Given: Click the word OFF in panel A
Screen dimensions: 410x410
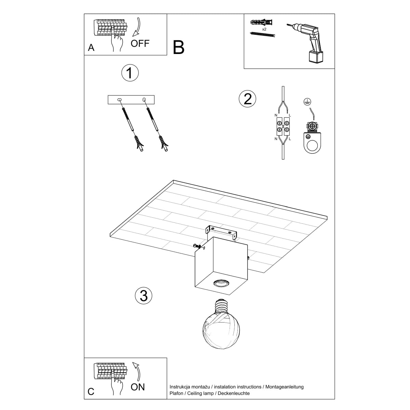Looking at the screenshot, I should coord(140,43).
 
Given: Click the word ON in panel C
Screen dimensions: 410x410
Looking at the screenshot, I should coord(138,387).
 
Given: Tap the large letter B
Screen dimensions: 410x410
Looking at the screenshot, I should coord(179,47).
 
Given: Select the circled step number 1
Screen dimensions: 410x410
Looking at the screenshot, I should coord(130,73).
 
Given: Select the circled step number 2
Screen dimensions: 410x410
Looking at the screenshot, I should coord(247,99).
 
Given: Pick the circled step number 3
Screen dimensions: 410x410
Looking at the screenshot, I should coord(143,296).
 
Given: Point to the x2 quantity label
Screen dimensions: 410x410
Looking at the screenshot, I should coord(264,29).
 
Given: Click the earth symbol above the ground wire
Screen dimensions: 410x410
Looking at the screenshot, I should coord(307,102).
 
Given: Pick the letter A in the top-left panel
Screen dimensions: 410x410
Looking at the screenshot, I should coord(91,48).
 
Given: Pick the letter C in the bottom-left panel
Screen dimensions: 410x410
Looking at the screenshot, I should coord(91,392).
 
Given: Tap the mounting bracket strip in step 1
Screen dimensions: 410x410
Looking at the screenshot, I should coord(131,100).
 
